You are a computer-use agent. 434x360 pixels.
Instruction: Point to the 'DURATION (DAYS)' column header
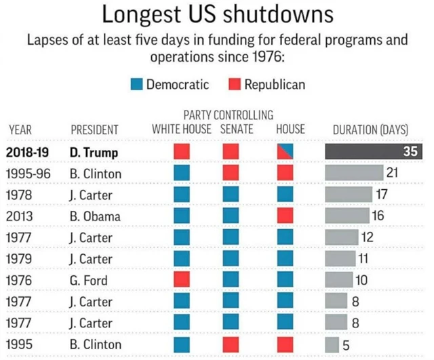point(370,129)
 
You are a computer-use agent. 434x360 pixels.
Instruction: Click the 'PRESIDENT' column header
point(94,129)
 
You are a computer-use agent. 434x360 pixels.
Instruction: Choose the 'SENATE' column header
point(237,129)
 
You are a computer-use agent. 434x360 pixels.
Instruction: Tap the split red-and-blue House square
point(285,151)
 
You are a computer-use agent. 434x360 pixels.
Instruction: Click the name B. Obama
point(96,216)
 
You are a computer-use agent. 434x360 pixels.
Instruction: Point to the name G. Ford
point(90,280)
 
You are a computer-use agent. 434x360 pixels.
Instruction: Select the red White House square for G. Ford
point(182,280)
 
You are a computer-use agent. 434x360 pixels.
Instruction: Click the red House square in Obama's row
point(285,216)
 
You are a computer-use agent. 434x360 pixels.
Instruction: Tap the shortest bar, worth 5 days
point(332,344)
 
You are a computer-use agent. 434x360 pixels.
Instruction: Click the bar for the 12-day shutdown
point(342,237)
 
